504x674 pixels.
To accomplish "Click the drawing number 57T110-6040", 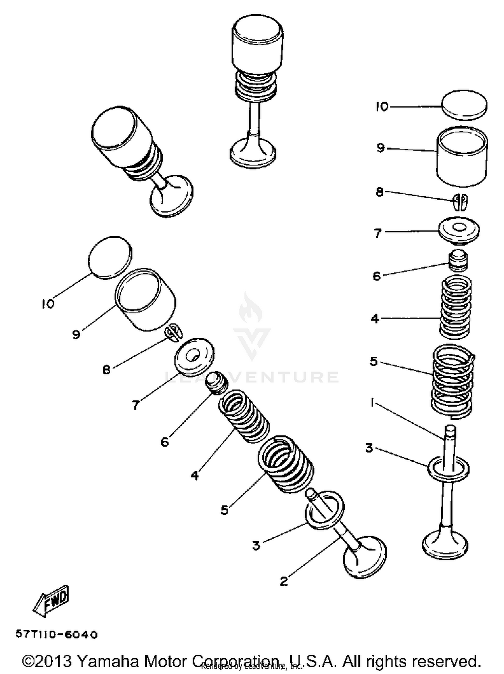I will [x=56, y=635].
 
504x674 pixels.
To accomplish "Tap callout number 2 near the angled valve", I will [x=284, y=581].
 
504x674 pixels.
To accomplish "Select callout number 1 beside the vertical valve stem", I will [x=372, y=402].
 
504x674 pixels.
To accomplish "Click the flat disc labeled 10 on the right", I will [x=464, y=105].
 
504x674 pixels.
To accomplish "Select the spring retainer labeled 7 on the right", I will [x=459, y=230].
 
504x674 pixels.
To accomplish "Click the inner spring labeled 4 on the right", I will [x=456, y=306].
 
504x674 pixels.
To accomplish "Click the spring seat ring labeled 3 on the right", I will [x=448, y=469].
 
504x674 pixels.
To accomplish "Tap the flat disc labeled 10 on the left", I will [x=110, y=257].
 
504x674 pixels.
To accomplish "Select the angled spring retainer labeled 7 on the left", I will [x=194, y=356].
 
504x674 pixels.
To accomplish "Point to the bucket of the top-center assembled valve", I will [x=257, y=44].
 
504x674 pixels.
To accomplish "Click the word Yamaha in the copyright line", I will [x=108, y=661].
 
